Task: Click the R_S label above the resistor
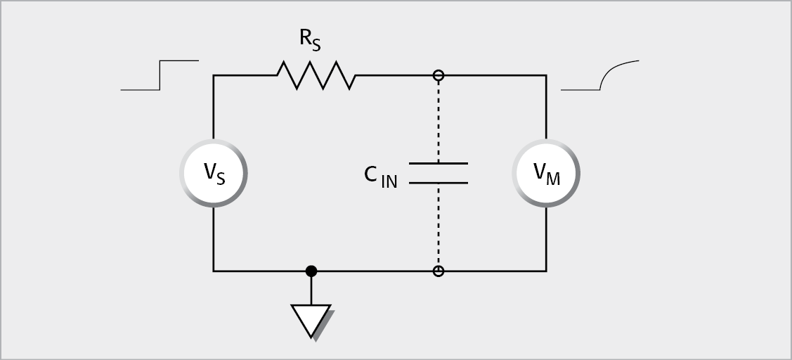point(311,39)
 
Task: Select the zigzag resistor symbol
point(316,75)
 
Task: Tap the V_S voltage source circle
point(214,173)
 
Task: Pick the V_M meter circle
point(547,173)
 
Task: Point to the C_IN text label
point(380,176)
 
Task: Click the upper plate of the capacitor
point(438,164)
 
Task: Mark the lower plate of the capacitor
point(438,183)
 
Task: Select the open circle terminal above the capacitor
point(439,75)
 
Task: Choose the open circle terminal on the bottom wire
point(439,271)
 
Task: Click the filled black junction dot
point(311,271)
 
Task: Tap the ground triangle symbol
point(311,320)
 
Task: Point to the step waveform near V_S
point(160,75)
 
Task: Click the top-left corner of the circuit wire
point(214,75)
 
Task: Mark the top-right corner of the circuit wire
point(546,75)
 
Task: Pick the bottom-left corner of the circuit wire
point(214,271)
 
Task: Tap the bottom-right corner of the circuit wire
point(546,271)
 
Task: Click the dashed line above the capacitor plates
point(439,120)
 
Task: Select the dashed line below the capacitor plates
point(439,225)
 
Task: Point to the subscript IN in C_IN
point(389,181)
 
